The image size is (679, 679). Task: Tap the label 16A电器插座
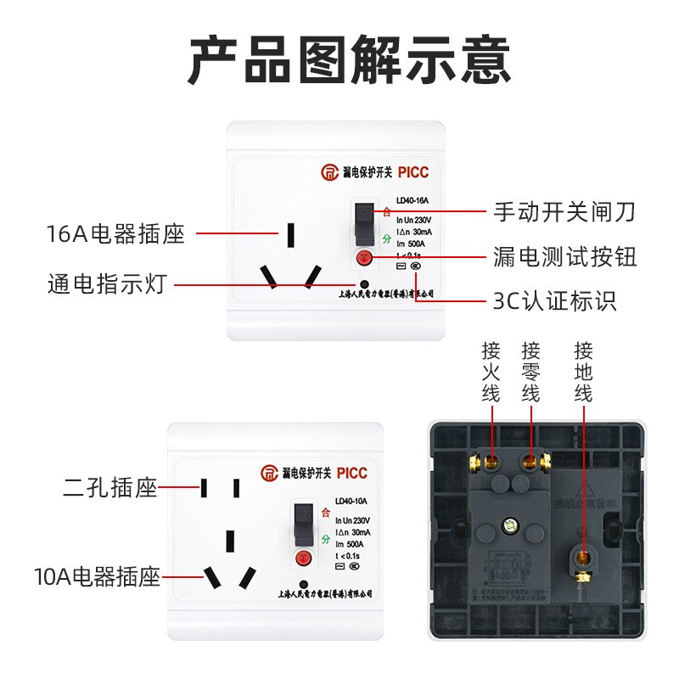(x=116, y=233)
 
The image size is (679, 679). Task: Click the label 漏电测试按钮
(x=564, y=255)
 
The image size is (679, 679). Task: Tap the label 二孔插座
(x=110, y=488)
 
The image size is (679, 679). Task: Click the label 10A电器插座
(x=98, y=579)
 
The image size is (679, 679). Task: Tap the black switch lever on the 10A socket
(x=300, y=526)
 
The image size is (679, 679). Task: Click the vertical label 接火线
(x=491, y=372)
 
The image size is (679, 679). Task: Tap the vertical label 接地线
(x=582, y=372)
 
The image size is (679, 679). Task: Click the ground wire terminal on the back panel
(x=582, y=558)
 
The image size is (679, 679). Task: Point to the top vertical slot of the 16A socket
(x=291, y=233)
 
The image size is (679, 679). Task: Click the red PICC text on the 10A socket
(x=351, y=473)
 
